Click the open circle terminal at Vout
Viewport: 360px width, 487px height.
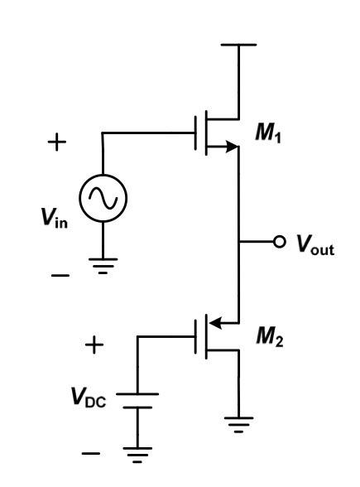pos(280,243)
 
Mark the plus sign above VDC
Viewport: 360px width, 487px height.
pos(96,343)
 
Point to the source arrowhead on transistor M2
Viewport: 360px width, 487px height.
pos(217,322)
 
